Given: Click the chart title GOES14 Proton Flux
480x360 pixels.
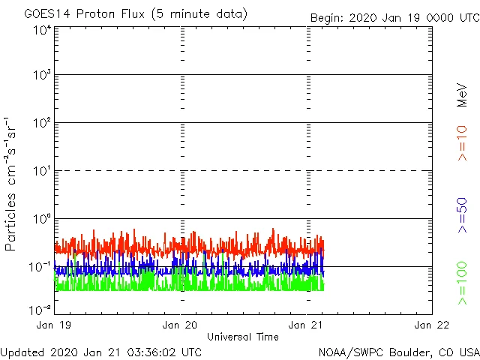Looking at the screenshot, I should (135, 14).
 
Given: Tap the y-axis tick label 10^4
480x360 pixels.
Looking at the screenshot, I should (41, 29).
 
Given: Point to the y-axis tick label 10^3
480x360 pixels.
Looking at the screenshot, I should (41, 75).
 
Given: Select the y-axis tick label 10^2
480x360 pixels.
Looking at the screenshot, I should (41, 122).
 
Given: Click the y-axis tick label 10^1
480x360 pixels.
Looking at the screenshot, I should (41, 170).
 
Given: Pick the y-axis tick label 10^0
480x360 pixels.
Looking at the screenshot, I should (41, 218).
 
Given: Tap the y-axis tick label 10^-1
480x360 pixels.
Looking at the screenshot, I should (40, 266).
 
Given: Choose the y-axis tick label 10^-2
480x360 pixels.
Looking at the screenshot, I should (40, 309).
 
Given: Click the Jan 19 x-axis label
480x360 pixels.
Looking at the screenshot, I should (55, 325).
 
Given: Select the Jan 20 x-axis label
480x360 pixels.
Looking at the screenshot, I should (181, 325).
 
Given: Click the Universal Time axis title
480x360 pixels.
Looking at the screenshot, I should (243, 337).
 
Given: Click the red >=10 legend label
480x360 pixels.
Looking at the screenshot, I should (463, 143).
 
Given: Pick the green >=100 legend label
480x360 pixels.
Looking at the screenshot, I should (463, 284).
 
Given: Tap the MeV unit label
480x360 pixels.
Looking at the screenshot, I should (463, 94).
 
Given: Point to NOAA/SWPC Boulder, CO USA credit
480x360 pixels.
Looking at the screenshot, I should (398, 352).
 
